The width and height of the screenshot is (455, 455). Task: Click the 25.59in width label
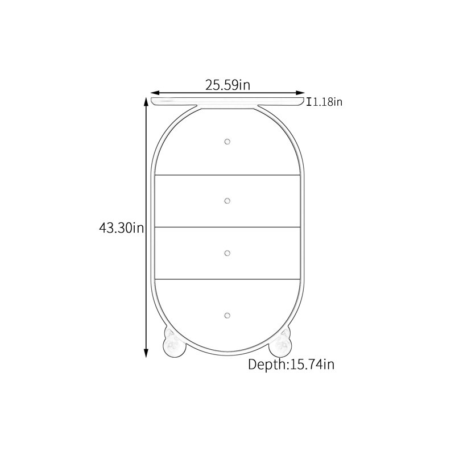click(228, 85)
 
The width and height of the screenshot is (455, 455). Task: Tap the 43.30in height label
click(122, 228)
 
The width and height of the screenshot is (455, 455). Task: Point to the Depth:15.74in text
click(291, 364)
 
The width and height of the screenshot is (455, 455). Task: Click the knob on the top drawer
click(227, 142)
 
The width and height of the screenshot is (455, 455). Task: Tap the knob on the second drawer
click(227, 201)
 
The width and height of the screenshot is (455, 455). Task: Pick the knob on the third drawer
click(227, 253)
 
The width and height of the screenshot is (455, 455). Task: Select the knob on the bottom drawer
click(227, 316)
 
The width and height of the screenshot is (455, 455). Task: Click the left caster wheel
click(174, 346)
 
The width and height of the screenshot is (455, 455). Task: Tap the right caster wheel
click(280, 346)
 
